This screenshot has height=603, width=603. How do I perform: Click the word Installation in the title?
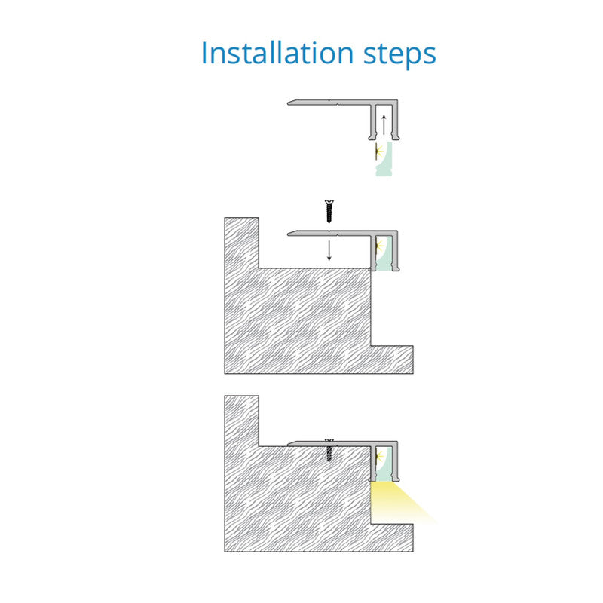[277, 53]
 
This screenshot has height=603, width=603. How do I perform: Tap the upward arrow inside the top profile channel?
[384, 124]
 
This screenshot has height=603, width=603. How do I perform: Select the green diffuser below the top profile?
[385, 159]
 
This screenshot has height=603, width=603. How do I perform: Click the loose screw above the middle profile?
[329, 211]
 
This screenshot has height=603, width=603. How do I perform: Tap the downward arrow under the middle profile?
[329, 251]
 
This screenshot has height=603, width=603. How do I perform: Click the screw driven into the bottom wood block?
[329, 451]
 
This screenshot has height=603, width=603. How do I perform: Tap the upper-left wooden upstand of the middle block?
[241, 243]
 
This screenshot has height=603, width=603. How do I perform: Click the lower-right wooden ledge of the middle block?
[392, 360]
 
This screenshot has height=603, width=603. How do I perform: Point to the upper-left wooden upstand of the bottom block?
[241, 421]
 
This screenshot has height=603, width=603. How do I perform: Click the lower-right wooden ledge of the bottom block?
[392, 537]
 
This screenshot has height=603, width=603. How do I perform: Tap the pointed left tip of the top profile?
[288, 103]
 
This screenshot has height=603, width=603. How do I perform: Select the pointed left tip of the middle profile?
[288, 234]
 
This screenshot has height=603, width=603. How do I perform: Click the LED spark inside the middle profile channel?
[380, 245]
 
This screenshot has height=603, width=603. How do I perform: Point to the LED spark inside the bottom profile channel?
[380, 457]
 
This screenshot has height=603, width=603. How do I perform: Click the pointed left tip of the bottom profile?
[288, 445]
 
